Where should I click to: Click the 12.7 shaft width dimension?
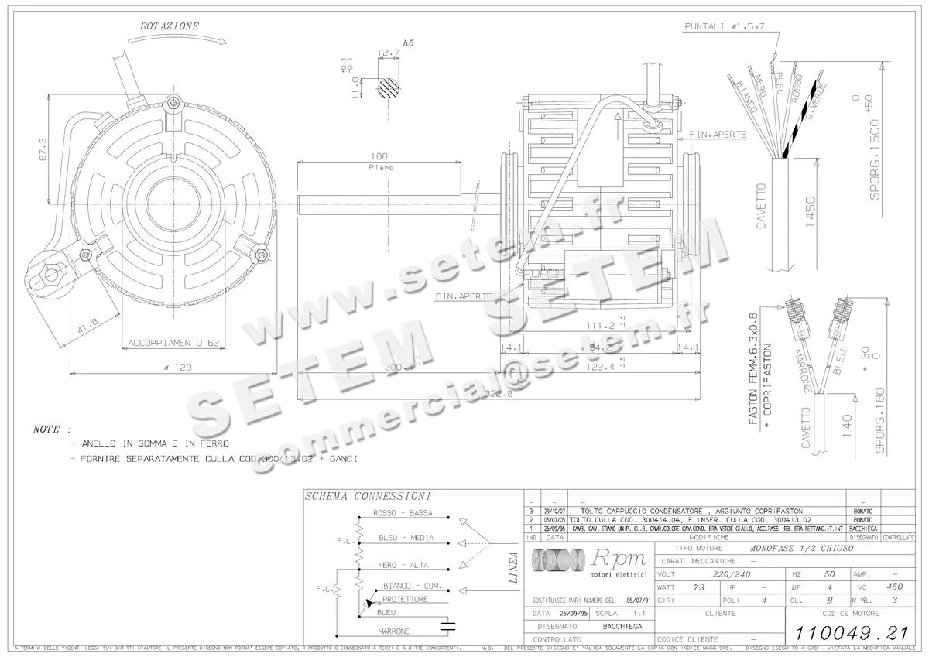(x=388, y=53)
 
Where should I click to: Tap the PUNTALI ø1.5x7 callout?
(x=725, y=26)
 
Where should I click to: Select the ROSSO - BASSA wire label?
(x=402, y=513)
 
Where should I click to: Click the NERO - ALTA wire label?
(x=403, y=565)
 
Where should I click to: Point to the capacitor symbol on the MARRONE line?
(x=447, y=624)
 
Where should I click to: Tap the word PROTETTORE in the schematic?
(x=405, y=599)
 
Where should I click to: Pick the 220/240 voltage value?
(x=732, y=574)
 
